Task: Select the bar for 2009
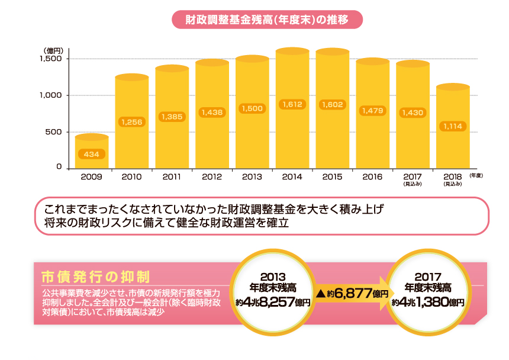pyautogui.click(x=91, y=153)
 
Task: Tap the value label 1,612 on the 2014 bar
pyautogui.click(x=292, y=104)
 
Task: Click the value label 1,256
pyautogui.click(x=131, y=121)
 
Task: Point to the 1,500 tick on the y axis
pyautogui.click(x=51, y=59)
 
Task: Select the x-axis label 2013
pyautogui.click(x=252, y=176)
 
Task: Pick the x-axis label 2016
pyautogui.click(x=372, y=176)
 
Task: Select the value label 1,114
pyautogui.click(x=453, y=126)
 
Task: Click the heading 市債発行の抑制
pyautogui.click(x=95, y=277)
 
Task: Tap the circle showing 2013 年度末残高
pyautogui.click(x=273, y=290)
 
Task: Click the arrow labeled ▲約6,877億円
pyautogui.click(x=352, y=293)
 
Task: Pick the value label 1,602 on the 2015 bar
pyautogui.click(x=332, y=104)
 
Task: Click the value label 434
pyautogui.click(x=91, y=154)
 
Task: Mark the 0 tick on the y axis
pyautogui.click(x=59, y=168)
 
